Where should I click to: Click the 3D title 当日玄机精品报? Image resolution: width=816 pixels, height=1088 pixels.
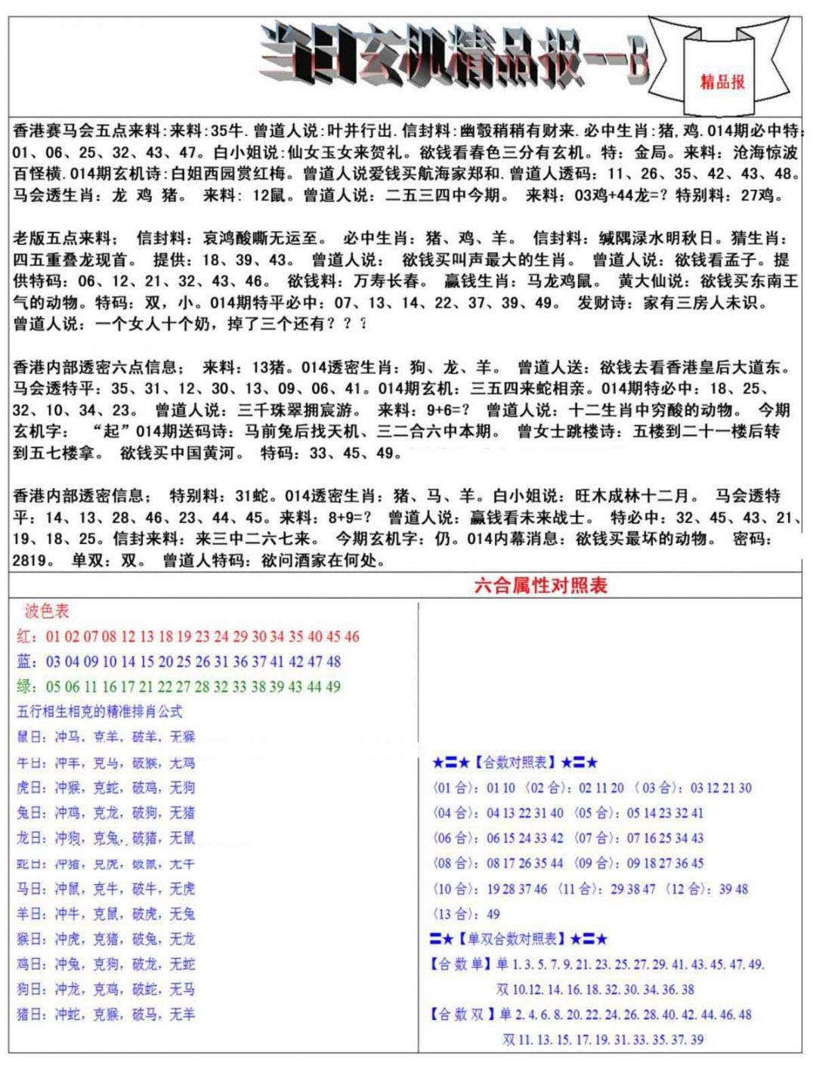tap(453, 56)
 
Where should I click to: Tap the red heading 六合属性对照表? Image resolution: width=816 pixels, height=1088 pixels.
tap(540, 586)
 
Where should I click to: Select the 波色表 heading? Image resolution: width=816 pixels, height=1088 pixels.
tap(46, 611)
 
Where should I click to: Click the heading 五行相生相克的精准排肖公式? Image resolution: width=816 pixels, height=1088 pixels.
tap(100, 712)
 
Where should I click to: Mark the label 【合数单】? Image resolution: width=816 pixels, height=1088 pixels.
tap(461, 965)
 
